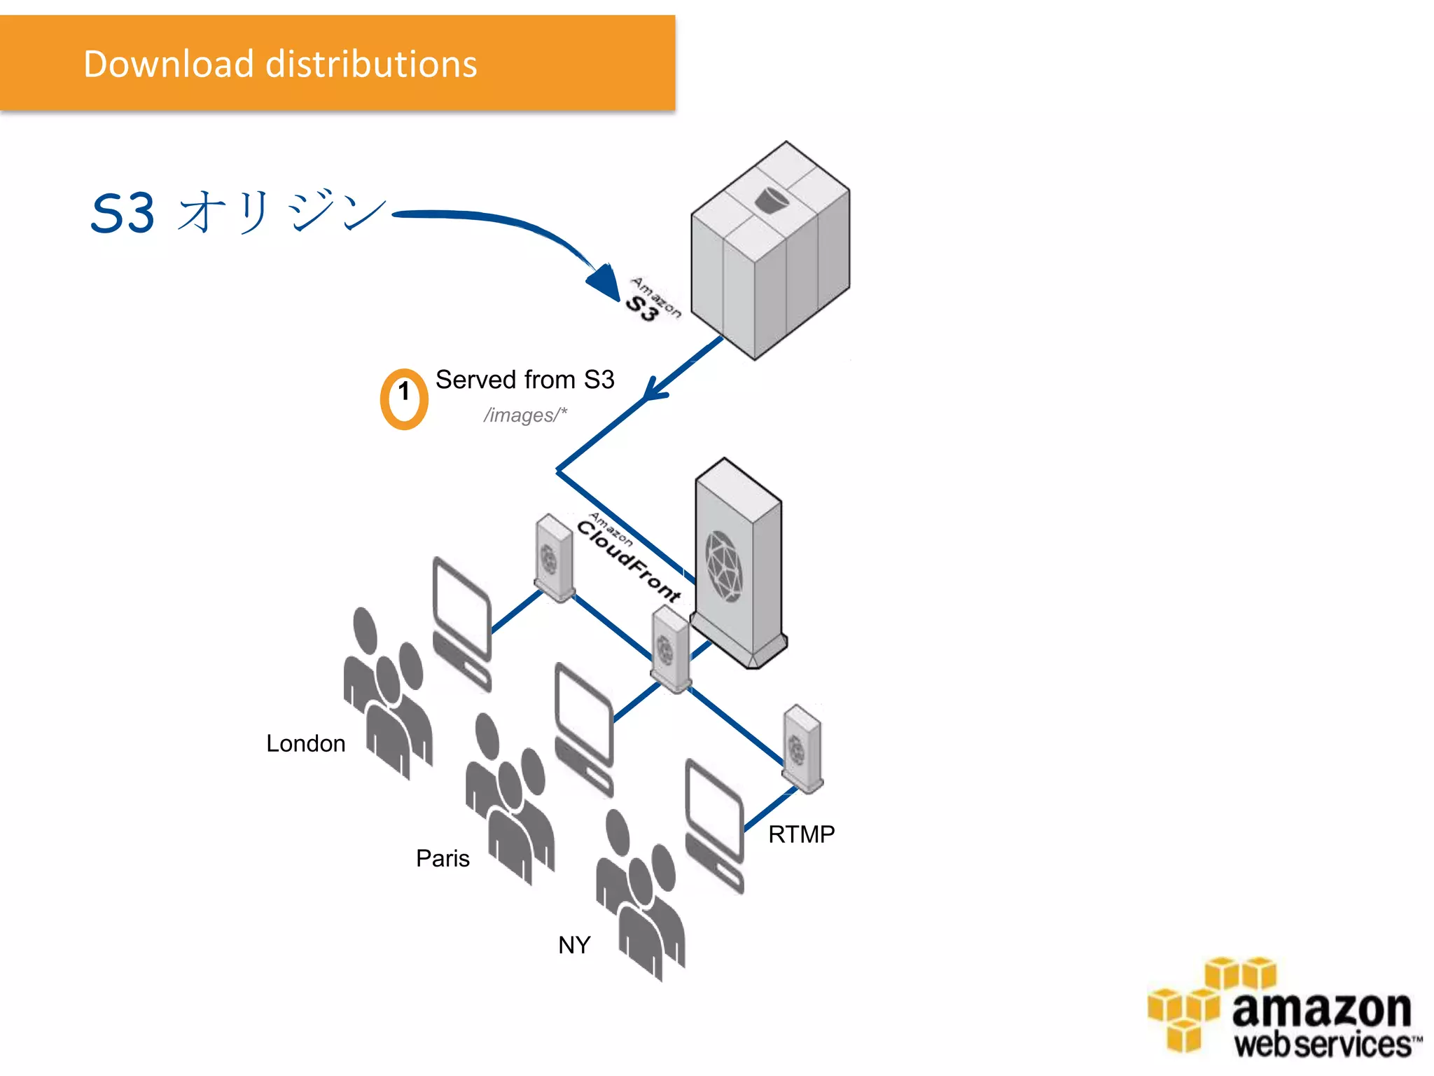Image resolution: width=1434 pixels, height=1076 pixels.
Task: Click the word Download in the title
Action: [x=168, y=64]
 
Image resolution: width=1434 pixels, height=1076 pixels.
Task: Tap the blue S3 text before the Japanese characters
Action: [x=123, y=214]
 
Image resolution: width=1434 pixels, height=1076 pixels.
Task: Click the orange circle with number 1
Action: [x=404, y=399]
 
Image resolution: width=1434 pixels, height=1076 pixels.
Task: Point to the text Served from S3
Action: [x=524, y=380]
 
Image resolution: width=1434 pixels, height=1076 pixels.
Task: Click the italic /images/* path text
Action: [x=524, y=415]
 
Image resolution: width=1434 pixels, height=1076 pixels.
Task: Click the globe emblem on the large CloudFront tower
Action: [x=723, y=566]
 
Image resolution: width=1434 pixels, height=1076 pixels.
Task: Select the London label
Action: [x=305, y=743]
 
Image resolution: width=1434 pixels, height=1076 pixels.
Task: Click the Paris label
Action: [x=443, y=858]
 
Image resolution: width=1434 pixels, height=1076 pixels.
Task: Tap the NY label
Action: [x=574, y=945]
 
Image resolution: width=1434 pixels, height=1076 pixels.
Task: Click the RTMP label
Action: [x=801, y=834]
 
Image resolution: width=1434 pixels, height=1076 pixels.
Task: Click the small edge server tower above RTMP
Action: [x=802, y=748]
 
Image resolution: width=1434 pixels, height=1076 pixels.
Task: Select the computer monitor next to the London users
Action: [x=461, y=609]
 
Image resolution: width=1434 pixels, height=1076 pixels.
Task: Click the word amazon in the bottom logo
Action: [x=1321, y=1009]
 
